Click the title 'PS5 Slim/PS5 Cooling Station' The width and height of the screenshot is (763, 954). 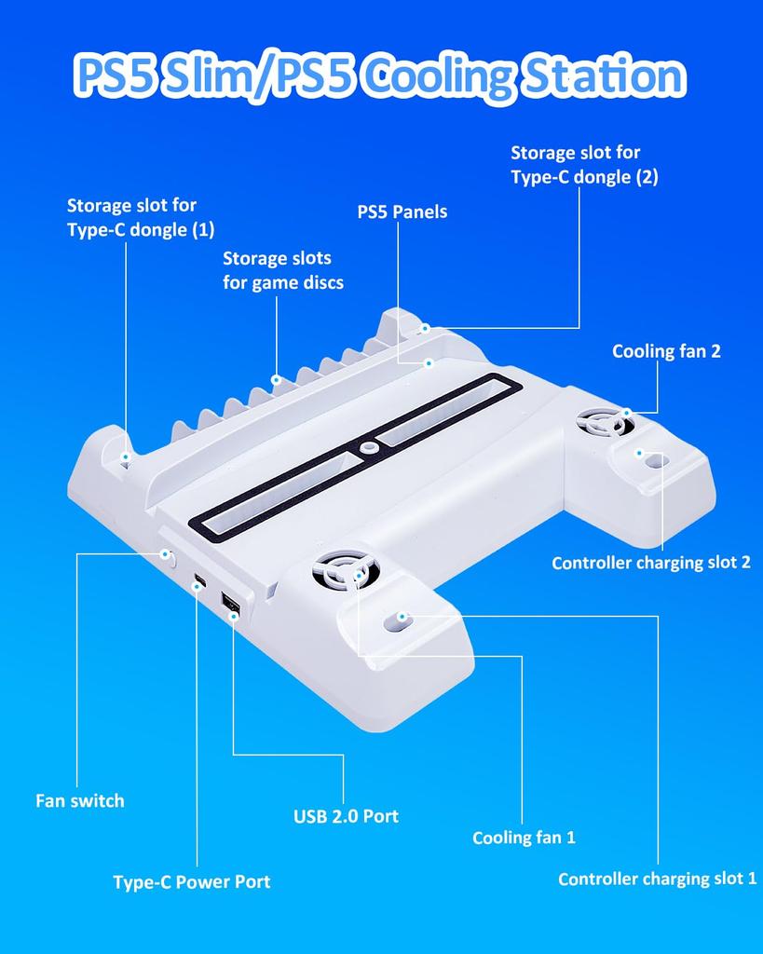point(380,76)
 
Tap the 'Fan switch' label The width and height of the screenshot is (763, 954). point(79,800)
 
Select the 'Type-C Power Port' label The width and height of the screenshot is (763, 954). point(191,881)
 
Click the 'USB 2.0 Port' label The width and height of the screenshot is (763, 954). point(346,816)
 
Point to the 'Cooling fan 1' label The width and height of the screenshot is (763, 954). point(524,838)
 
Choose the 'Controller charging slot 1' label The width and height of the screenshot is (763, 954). point(657,879)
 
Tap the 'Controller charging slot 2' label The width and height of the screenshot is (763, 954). point(650,563)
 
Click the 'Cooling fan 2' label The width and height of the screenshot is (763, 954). point(666,351)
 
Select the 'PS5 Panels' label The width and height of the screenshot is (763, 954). point(402,211)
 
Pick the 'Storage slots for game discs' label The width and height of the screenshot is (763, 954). point(282,269)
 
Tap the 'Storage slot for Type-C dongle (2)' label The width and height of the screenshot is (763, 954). point(584,164)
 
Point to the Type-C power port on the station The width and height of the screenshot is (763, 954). point(199,583)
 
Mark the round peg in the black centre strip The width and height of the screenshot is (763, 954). point(371,447)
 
